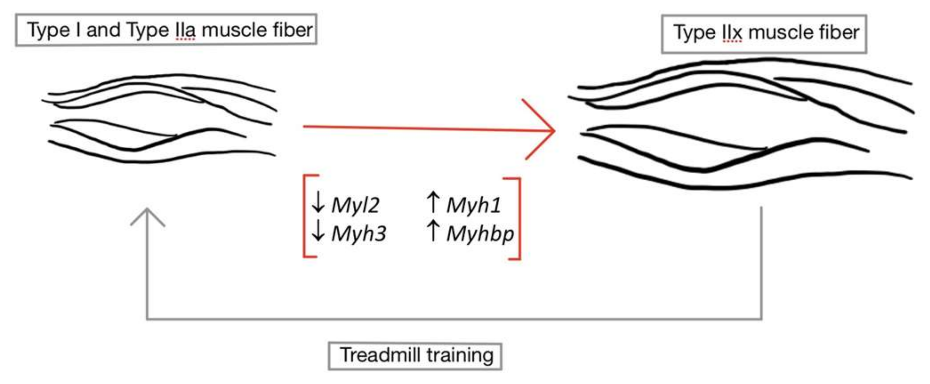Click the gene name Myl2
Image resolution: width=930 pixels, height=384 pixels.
click(x=355, y=206)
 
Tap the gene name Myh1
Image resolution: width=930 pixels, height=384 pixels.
click(x=474, y=206)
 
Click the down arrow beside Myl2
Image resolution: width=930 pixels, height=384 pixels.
click(x=318, y=202)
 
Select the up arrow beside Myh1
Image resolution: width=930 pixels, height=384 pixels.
click(x=433, y=202)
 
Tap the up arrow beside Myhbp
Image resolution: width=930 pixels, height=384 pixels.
click(x=433, y=231)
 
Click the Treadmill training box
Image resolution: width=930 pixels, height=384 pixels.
click(x=415, y=356)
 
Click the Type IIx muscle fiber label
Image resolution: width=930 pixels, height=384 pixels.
click(x=764, y=33)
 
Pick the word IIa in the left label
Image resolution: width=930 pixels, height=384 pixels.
click(x=185, y=30)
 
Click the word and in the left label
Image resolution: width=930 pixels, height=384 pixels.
click(x=103, y=30)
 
